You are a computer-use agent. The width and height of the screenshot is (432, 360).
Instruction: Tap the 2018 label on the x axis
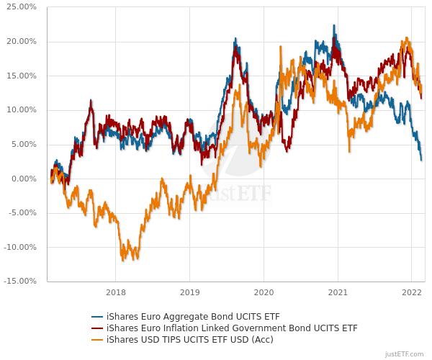(115, 292)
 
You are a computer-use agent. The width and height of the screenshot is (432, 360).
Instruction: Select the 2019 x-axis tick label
(189, 292)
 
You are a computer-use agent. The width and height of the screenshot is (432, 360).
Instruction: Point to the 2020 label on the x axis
(264, 292)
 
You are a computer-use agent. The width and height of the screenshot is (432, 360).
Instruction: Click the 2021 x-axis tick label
(338, 292)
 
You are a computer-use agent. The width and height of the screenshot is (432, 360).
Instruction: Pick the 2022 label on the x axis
(412, 292)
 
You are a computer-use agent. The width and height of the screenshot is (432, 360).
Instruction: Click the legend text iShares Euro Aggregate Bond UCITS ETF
(193, 317)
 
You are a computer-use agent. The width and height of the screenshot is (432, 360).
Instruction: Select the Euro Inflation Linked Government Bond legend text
(232, 328)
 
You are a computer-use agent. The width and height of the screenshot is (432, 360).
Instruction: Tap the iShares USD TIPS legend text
(189, 340)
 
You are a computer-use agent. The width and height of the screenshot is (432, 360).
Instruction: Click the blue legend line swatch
(97, 317)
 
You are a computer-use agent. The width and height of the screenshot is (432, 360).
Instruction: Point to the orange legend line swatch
(97, 340)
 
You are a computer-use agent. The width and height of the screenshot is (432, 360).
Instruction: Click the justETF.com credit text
(405, 354)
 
